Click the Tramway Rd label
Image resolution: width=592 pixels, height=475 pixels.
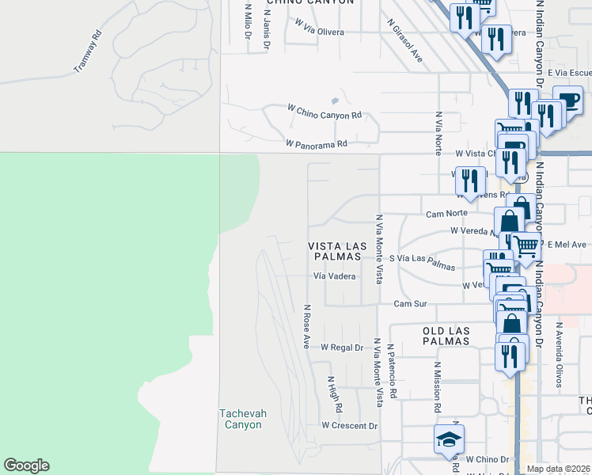pyautogui.click(x=88, y=52)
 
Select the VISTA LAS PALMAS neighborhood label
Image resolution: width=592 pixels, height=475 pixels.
pyautogui.click(x=335, y=252)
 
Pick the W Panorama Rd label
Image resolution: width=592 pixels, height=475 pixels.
pyautogui.click(x=317, y=144)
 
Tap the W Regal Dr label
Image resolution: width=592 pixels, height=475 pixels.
pyautogui.click(x=341, y=348)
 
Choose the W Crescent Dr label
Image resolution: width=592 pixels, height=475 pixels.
pyautogui.click(x=350, y=425)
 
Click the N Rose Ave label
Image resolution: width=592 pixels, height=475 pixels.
pyautogui.click(x=305, y=327)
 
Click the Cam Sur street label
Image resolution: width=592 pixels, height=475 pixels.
pyautogui.click(x=410, y=304)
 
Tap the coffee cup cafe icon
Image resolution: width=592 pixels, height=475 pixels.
pyautogui.click(x=567, y=102)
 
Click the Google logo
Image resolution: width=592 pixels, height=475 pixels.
pyautogui.click(x=26, y=465)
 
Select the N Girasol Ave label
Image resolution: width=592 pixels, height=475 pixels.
pyautogui.click(x=404, y=41)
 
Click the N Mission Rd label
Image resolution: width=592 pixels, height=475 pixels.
pyautogui.click(x=436, y=388)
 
